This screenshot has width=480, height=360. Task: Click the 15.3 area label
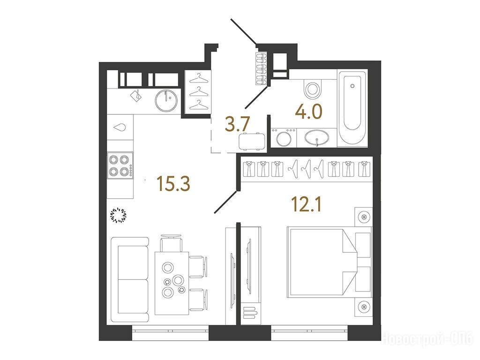coord(173,184)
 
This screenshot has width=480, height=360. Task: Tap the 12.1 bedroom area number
coord(307,204)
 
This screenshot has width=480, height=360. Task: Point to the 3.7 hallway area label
coord(238,124)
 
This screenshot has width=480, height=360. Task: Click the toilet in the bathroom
coord(313,89)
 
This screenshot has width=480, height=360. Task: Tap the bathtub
coord(352,108)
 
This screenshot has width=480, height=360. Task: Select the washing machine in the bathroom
coord(284,137)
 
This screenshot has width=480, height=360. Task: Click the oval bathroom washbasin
coord(316,137)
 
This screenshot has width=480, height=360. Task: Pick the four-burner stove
coord(120,165)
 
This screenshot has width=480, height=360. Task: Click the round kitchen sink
coord(166,100)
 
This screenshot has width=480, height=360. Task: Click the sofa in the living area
coord(130,279)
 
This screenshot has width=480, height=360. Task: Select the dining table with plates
coord(172,283)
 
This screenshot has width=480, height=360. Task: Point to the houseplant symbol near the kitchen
coord(118,215)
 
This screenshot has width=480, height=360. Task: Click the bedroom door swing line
coord(226,202)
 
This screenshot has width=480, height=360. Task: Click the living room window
coord(170,333)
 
